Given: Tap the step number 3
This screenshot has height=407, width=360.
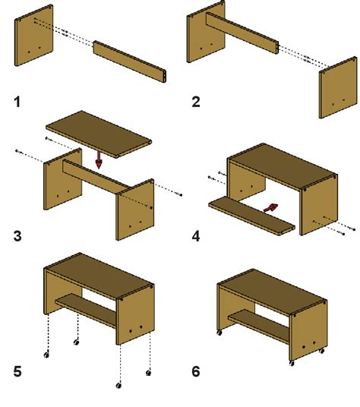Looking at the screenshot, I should click(x=18, y=235).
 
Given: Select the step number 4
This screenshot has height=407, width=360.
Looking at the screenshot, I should click(x=195, y=235).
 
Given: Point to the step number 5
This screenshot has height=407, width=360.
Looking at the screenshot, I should click(x=18, y=374).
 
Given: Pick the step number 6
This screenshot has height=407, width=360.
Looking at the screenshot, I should click(x=195, y=374).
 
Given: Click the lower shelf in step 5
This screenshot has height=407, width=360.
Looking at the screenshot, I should click(x=85, y=308).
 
